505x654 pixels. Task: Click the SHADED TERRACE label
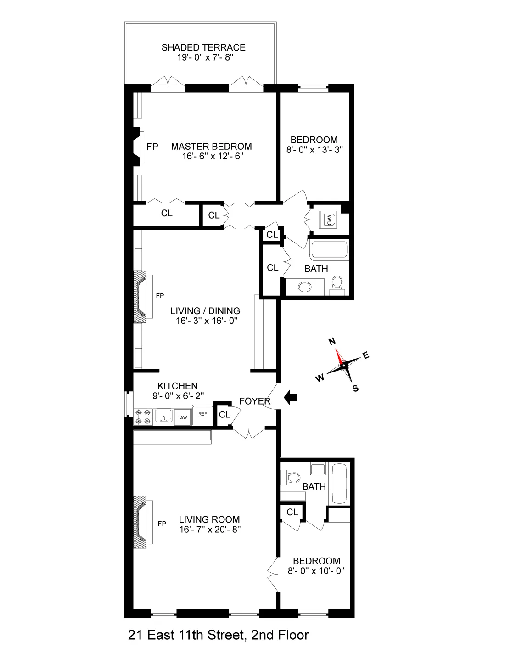(x=203, y=47)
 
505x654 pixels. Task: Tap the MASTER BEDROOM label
(x=211, y=147)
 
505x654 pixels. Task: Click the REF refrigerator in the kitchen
(x=202, y=414)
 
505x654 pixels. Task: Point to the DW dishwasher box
(x=182, y=417)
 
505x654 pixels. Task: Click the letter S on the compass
(x=355, y=388)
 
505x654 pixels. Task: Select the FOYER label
(x=255, y=401)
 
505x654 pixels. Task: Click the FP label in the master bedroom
(x=152, y=147)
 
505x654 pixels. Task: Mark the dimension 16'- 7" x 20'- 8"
(x=209, y=529)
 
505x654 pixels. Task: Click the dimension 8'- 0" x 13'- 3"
(x=314, y=149)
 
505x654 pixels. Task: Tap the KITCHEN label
(x=178, y=386)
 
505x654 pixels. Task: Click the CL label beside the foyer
(x=224, y=415)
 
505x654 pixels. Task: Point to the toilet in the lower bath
(x=289, y=477)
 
